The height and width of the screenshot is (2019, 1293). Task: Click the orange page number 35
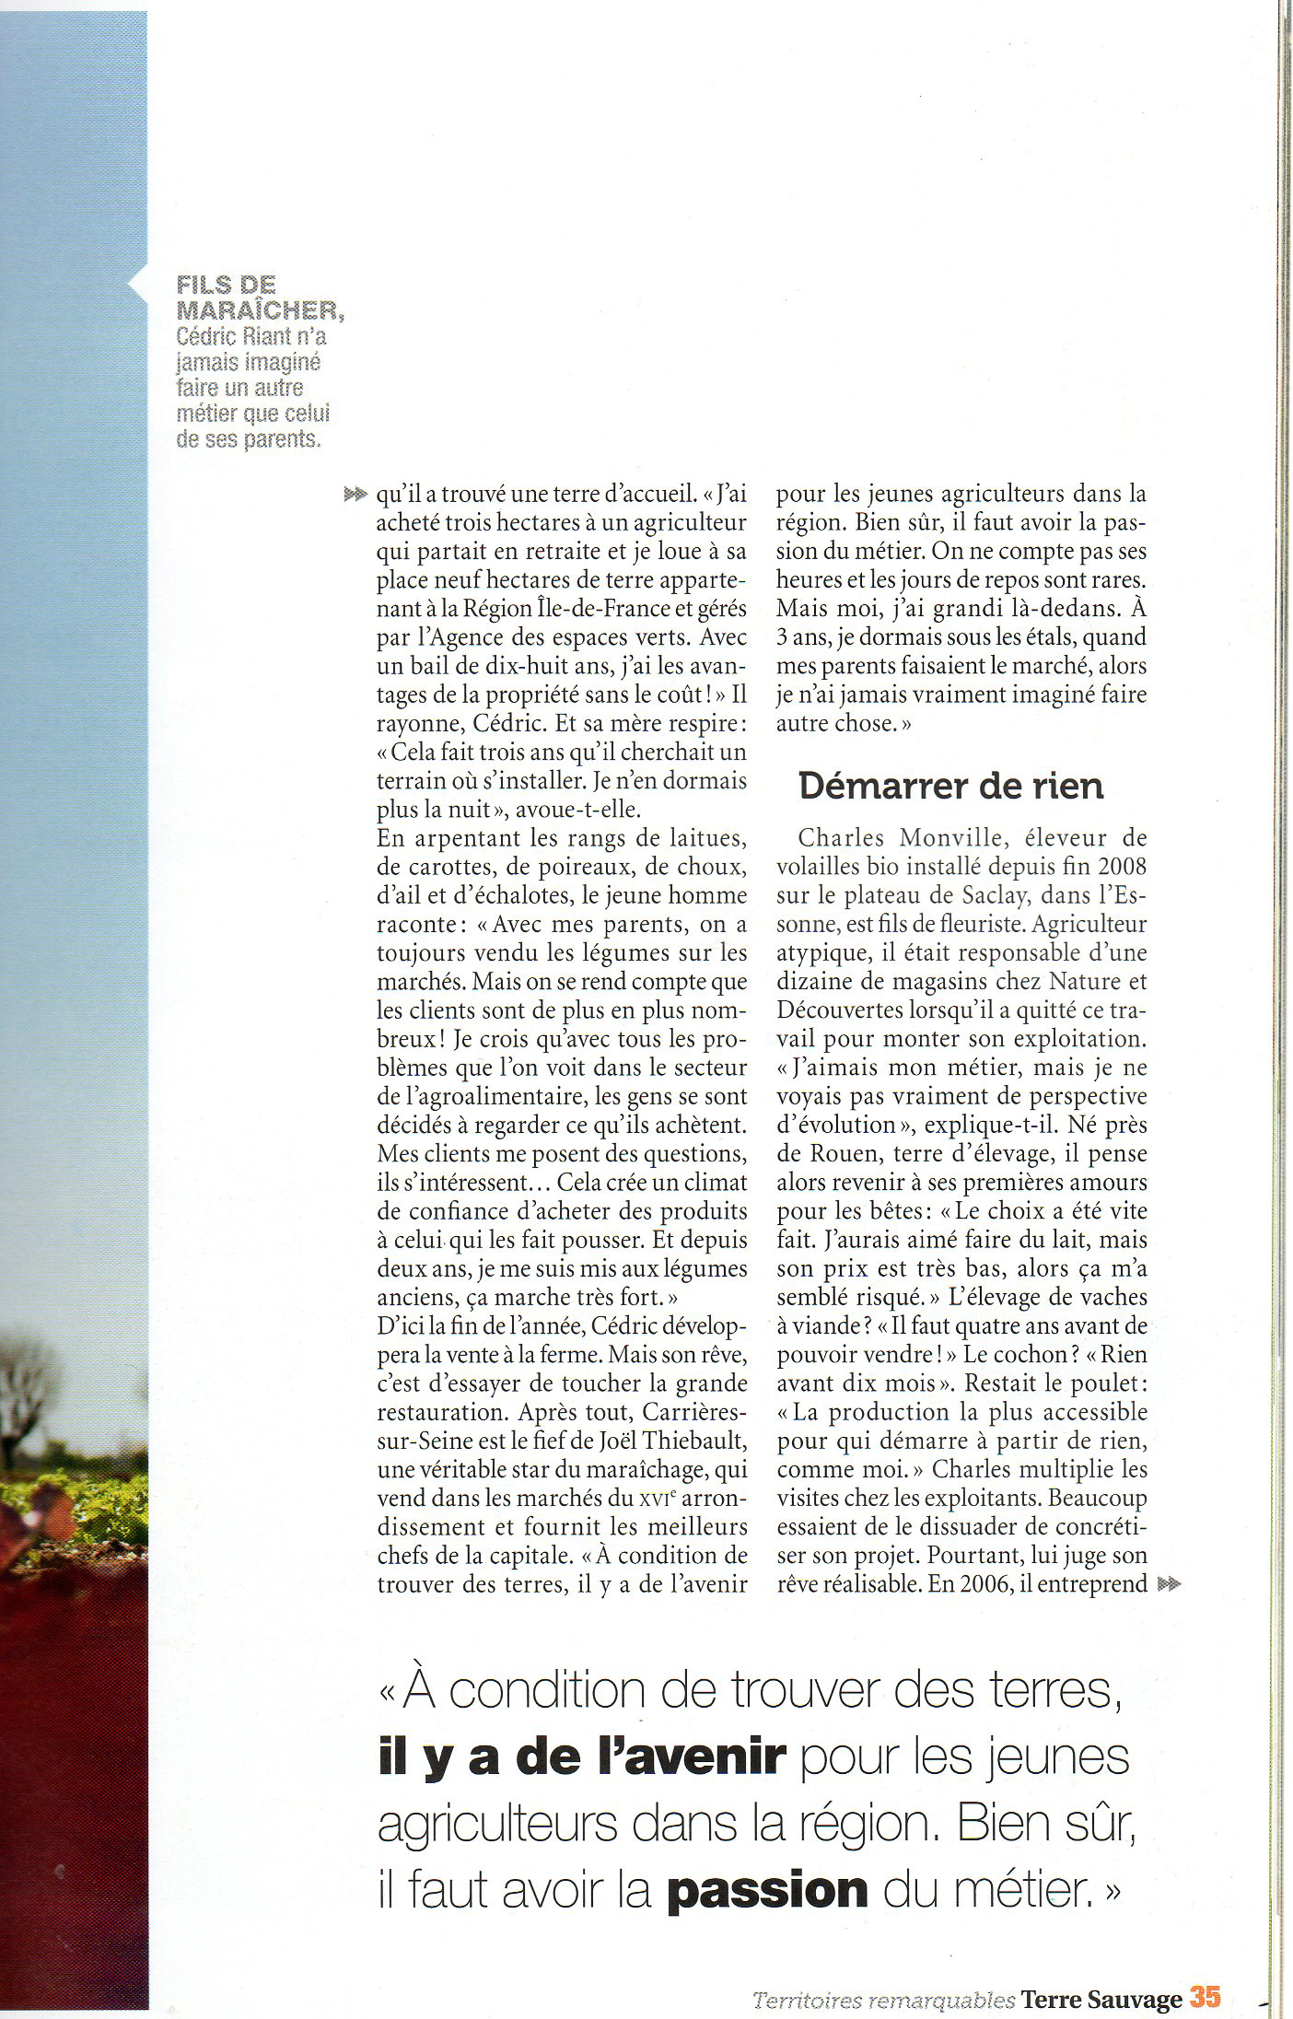point(1206,1997)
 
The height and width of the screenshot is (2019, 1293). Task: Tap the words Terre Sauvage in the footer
point(1102,1999)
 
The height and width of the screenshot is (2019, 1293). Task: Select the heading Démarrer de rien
point(950,785)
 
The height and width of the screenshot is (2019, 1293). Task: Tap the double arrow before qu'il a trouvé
point(355,495)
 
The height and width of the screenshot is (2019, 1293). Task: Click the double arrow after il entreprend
point(1168,1584)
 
